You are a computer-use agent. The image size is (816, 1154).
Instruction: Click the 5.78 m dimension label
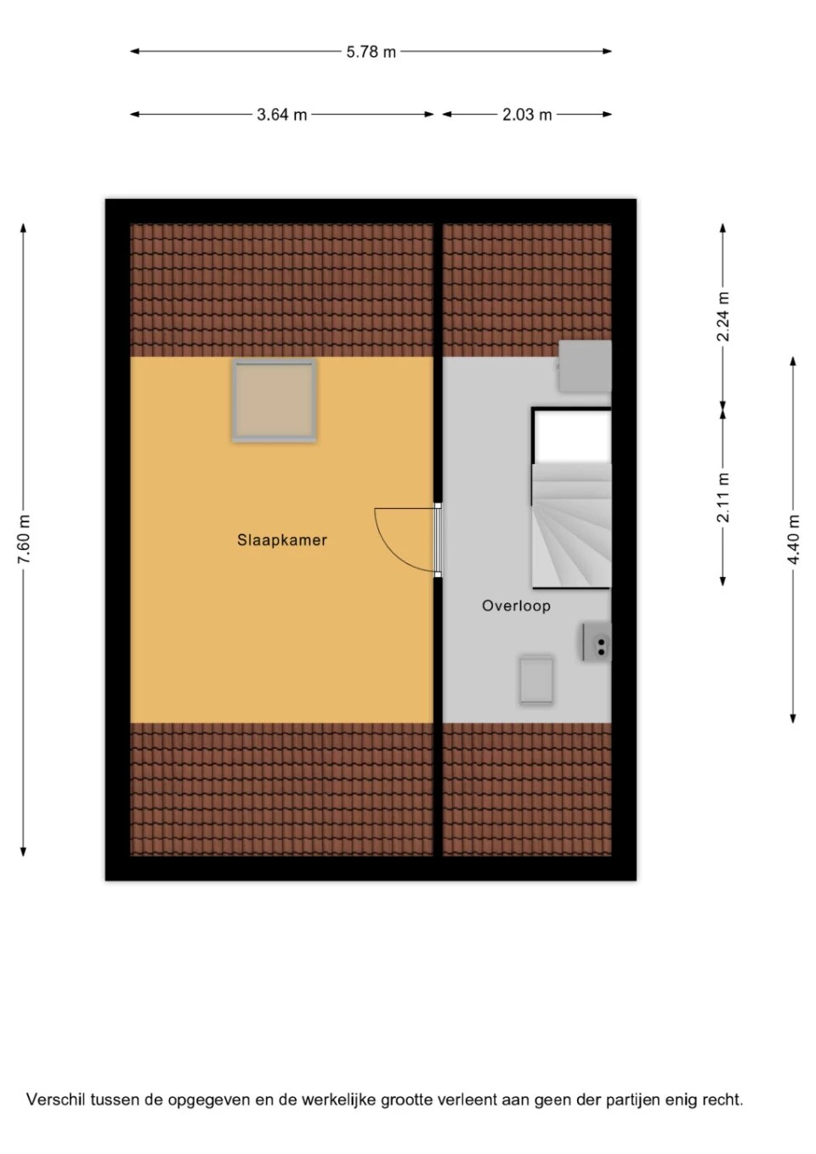click(371, 52)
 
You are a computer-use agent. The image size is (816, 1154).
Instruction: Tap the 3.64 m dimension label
click(282, 115)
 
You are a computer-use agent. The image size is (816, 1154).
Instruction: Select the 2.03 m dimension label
click(527, 115)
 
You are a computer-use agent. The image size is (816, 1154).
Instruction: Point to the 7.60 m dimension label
click(24, 539)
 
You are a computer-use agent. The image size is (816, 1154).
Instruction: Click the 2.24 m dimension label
click(723, 316)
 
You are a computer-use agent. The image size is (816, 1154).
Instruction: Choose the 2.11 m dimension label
click(723, 497)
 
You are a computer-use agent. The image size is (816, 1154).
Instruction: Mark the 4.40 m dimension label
click(794, 540)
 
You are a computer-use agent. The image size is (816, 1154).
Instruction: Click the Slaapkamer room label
click(282, 540)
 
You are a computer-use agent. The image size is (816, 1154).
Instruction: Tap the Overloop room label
click(516, 605)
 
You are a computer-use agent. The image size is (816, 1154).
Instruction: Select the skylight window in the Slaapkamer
click(274, 400)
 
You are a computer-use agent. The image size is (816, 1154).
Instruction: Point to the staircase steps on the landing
click(571, 525)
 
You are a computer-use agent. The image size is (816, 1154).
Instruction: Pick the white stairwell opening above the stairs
click(573, 436)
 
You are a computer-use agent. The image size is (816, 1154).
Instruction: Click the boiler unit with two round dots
click(597, 642)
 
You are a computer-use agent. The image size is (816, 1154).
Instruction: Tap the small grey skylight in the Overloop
click(536, 680)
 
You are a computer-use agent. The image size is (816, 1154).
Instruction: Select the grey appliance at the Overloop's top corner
click(585, 365)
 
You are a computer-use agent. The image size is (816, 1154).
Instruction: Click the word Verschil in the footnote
click(57, 1099)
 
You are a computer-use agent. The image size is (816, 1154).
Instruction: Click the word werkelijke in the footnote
click(338, 1099)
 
